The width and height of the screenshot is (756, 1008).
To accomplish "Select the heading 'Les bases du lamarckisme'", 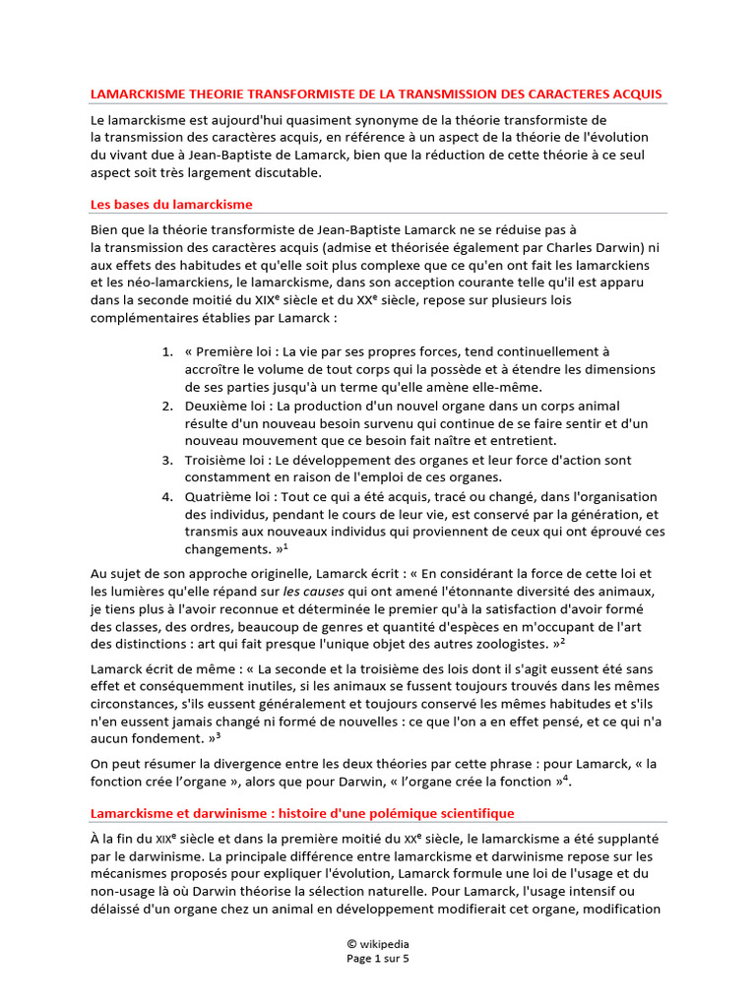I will (x=171, y=205).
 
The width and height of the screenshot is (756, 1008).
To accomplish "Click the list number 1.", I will (x=166, y=351).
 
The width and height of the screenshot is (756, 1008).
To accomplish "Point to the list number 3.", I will (x=166, y=460).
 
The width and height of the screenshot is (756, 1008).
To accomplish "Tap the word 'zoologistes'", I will (x=508, y=645).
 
